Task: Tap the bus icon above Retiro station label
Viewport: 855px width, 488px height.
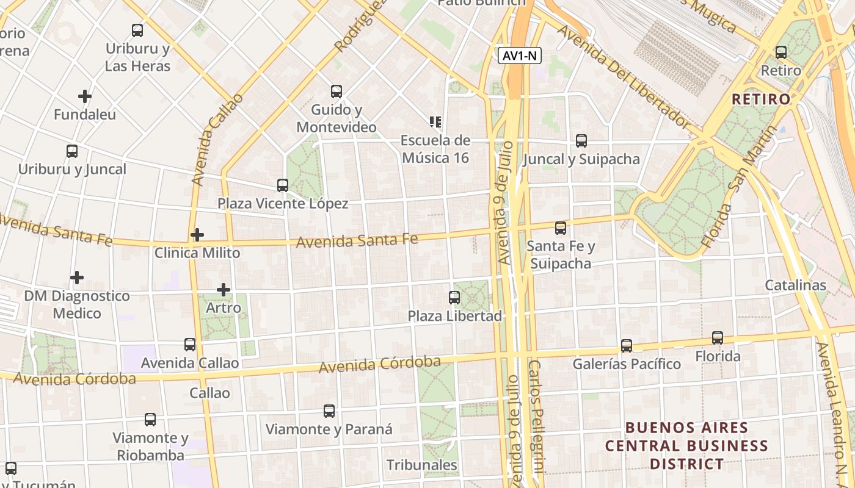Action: tap(780, 52)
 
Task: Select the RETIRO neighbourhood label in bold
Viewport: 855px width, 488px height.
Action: tap(760, 99)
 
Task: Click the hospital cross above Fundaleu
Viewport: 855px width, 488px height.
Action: tap(85, 96)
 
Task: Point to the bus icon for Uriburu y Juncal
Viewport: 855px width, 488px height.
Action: tap(72, 151)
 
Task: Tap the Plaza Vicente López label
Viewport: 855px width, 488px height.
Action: tap(283, 204)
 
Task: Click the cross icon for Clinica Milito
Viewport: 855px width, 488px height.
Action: tap(197, 234)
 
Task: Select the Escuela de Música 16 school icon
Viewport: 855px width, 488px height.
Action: tap(435, 122)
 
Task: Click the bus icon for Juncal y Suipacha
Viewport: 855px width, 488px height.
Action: tap(581, 141)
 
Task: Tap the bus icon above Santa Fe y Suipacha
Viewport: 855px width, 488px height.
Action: tap(560, 228)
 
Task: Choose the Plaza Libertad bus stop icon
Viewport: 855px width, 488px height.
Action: tap(454, 298)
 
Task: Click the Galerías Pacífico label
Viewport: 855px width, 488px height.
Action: tap(626, 364)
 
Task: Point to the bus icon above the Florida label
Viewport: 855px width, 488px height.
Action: tap(717, 338)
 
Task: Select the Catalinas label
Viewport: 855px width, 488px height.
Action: tap(795, 285)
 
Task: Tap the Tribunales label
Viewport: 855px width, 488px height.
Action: tap(422, 465)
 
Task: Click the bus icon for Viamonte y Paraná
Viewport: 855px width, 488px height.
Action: tap(329, 411)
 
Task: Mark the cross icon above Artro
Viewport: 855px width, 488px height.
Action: tap(224, 289)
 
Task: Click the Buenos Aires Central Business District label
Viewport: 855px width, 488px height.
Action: tap(687, 445)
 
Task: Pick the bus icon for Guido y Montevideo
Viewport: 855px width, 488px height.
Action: tap(336, 91)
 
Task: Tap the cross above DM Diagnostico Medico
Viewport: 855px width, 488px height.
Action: tap(77, 278)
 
